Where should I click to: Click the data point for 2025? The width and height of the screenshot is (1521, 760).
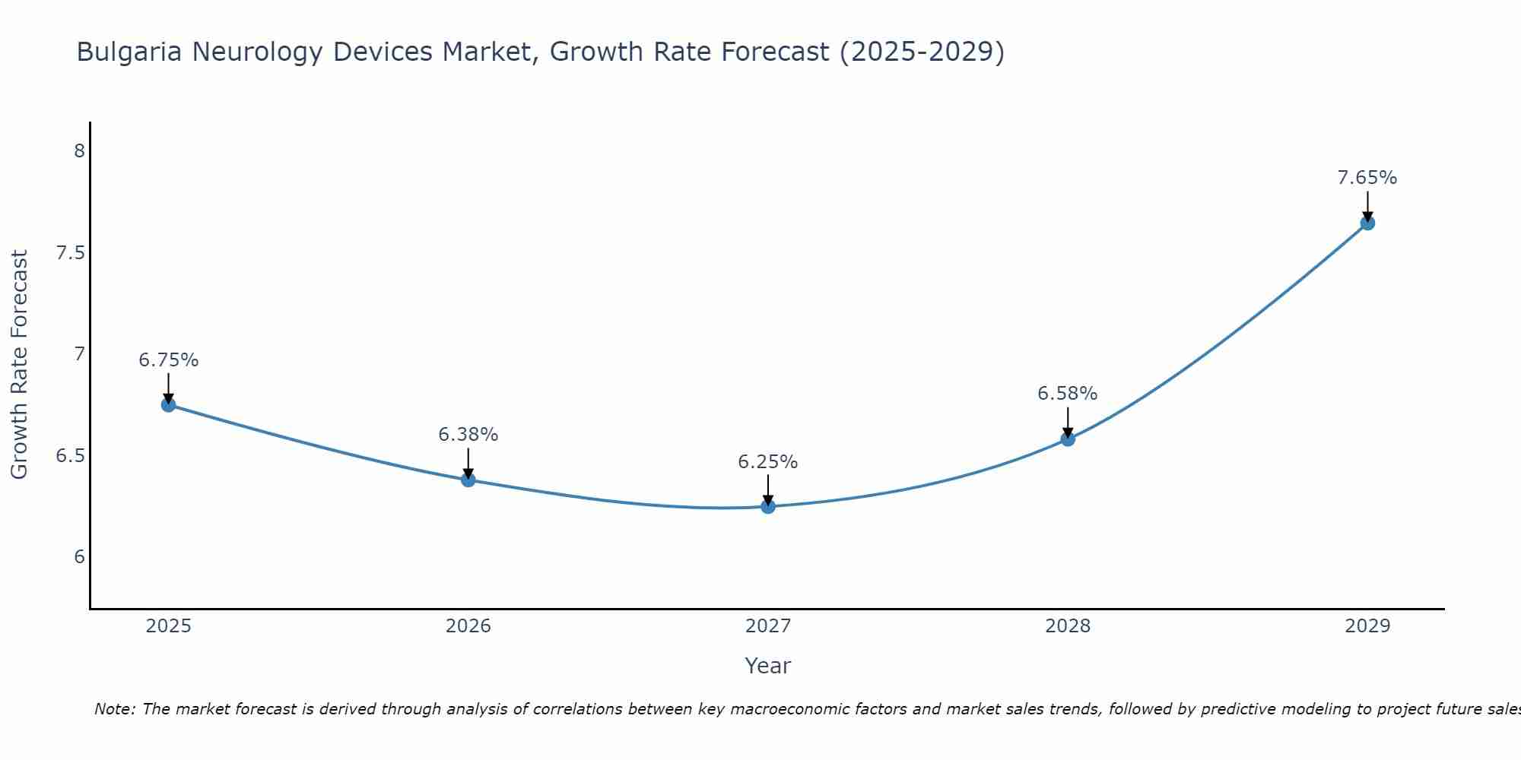coord(169,404)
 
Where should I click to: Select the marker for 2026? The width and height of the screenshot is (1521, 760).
coord(468,480)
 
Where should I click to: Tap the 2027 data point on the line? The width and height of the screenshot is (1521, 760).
coord(768,506)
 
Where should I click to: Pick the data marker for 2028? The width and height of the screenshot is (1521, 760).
coord(1068,439)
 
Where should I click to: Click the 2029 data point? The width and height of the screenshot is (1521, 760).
coord(1367,223)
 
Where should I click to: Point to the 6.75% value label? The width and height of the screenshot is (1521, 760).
coord(169,360)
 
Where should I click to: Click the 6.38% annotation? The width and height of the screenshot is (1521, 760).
coord(468,435)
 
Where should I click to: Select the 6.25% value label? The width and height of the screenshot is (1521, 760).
coord(768,462)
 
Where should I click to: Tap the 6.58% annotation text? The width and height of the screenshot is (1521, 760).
coord(1068,394)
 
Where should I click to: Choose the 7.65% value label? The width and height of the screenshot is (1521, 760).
coord(1367,178)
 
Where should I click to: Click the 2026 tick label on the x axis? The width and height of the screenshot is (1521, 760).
coord(468,626)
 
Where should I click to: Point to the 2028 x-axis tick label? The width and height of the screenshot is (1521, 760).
coord(1068,626)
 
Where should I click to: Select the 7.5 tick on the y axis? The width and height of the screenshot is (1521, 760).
coord(70,252)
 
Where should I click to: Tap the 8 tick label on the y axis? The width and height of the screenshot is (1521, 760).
coord(79,150)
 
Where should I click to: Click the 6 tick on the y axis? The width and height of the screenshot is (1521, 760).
coord(79,557)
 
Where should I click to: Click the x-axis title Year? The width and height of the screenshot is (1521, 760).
coord(768,666)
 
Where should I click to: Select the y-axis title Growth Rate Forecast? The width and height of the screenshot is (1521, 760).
coord(20,365)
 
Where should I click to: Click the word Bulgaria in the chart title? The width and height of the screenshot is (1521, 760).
coord(129,52)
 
